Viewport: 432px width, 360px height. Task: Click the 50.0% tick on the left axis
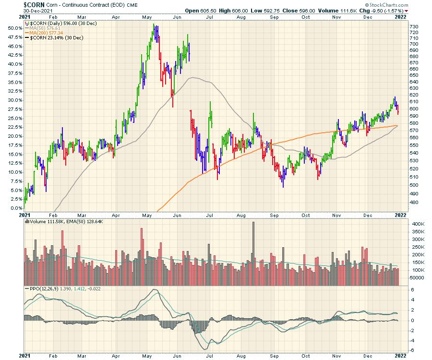click(14, 28)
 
